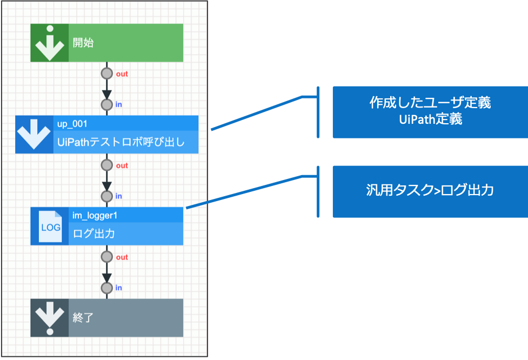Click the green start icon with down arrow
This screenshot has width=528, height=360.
[49, 43]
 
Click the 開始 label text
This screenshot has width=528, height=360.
[83, 43]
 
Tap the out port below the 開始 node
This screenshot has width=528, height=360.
[107, 74]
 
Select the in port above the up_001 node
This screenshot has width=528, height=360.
[107, 104]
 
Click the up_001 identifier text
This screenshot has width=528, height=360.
[72, 124]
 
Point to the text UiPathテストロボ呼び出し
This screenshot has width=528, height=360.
[121, 143]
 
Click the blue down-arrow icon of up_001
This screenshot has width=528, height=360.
[34, 135]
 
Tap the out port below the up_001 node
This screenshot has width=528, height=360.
[107, 165]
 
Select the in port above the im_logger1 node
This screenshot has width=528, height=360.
[107, 196]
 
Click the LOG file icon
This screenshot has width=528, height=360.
[50, 226]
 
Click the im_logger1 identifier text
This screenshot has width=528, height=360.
[95, 215]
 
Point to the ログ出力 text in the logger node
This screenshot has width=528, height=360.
[94, 234]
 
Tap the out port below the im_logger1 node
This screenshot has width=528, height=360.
[107, 257]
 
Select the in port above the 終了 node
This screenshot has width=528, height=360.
[107, 288]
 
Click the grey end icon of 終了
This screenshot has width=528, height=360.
[49, 318]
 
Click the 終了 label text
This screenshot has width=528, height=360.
[83, 318]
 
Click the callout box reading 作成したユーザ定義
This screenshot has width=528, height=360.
[430, 112]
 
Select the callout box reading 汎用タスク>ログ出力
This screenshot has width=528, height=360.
[430, 191]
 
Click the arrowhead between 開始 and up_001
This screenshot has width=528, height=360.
[107, 92]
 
